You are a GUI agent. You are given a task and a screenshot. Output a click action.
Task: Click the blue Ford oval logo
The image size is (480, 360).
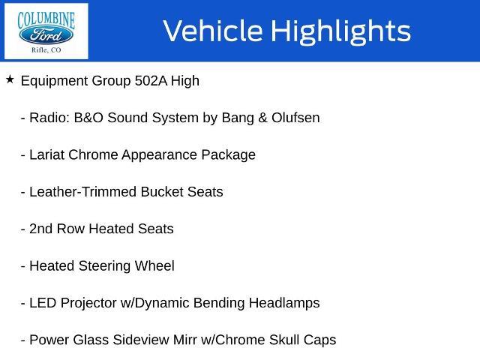click(x=46, y=35)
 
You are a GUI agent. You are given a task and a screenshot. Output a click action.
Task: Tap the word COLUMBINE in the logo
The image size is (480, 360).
click(x=46, y=20)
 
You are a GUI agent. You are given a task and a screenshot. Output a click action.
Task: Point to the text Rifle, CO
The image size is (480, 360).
click(x=46, y=50)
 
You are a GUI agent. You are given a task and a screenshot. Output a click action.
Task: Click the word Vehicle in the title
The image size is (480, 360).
click(x=213, y=30)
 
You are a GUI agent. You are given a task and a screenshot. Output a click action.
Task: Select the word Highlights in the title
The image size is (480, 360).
click(x=340, y=31)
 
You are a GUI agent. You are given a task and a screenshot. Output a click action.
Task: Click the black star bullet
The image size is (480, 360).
click(x=10, y=79)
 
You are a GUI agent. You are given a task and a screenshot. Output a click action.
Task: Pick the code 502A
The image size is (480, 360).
click(x=151, y=81)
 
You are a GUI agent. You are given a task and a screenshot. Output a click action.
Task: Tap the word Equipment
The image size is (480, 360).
click(x=55, y=82)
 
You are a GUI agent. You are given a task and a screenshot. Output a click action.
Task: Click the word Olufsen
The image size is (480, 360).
click(x=295, y=118)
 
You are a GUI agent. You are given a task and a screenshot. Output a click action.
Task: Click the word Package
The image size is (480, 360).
click(x=228, y=155)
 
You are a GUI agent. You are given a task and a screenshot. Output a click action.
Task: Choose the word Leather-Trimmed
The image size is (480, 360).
click(x=82, y=192)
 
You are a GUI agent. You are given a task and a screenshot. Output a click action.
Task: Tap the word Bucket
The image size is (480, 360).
click(x=162, y=192)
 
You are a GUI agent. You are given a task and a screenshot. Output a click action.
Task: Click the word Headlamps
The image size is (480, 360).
click(x=284, y=304)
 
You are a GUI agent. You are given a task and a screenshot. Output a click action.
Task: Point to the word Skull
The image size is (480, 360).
click(x=284, y=340)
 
